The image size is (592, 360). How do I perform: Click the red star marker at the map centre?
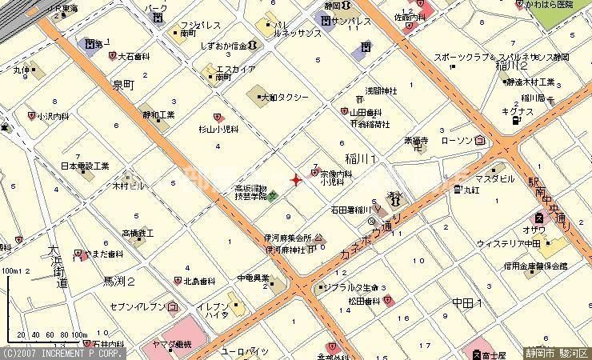[x=296, y=180]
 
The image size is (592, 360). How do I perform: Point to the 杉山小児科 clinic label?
[x=218, y=128]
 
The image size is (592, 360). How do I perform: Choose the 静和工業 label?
[x=158, y=115]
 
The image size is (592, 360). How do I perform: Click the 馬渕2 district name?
[x=119, y=282]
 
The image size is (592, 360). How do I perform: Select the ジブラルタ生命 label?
[x=355, y=286]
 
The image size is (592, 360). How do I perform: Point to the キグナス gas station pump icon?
[x=517, y=120]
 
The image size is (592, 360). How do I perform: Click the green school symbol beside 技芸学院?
[x=273, y=195]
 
